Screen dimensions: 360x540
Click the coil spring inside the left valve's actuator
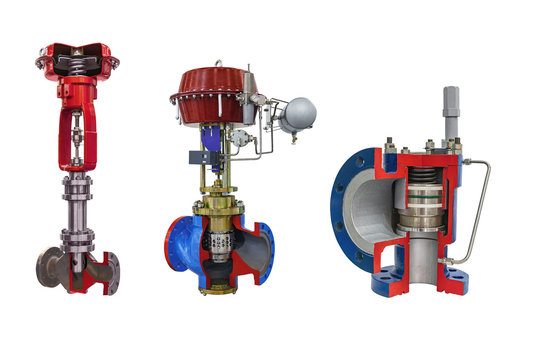point(76,62)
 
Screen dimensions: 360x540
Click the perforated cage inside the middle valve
point(217,246)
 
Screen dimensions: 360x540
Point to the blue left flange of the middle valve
point(177,250)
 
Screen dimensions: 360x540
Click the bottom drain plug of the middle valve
point(217,289)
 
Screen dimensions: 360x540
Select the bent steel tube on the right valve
point(484,210)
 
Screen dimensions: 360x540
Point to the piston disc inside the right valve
point(421,216)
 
